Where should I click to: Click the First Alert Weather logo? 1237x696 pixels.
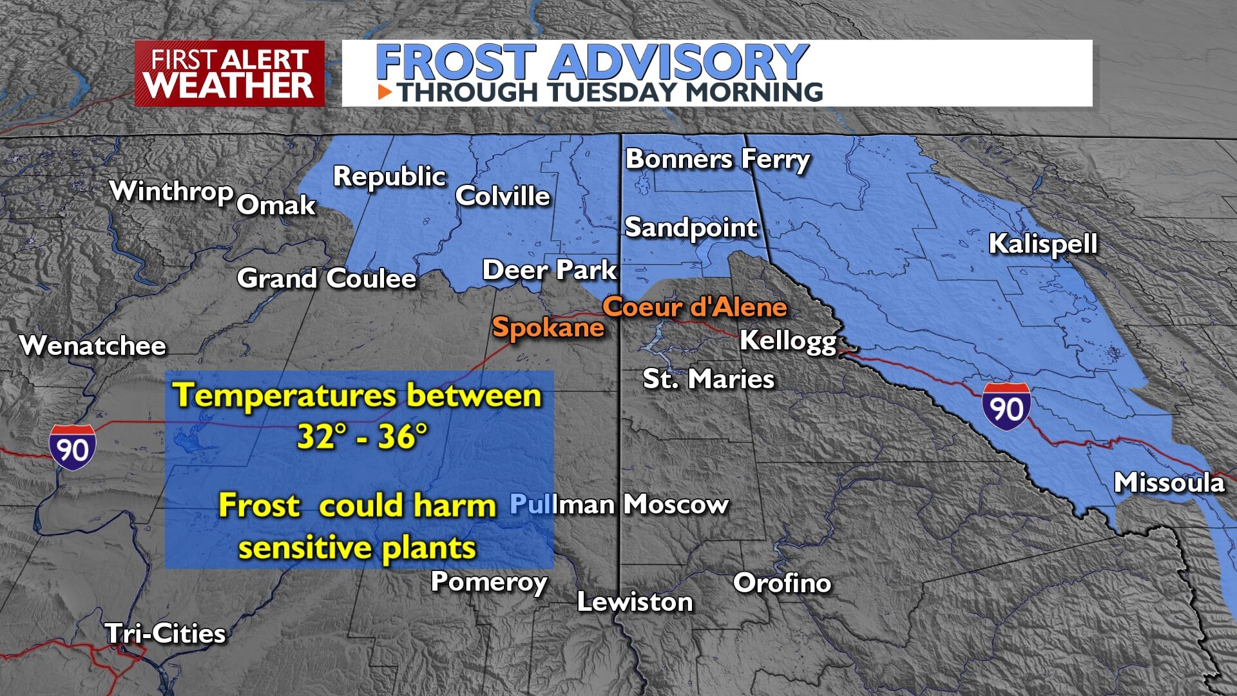tap(229, 73)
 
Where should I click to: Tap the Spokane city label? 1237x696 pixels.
tap(548, 327)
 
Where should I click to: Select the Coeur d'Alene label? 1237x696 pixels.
tap(695, 307)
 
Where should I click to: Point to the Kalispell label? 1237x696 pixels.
tap(1042, 244)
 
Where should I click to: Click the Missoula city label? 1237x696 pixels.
tap(1169, 483)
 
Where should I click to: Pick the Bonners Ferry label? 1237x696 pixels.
tap(717, 159)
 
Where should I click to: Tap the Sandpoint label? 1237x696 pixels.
tap(691, 227)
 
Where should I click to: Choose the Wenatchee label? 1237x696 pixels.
tap(93, 346)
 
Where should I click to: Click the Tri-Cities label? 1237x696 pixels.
tap(166, 633)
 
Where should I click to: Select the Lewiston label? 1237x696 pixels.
tap(635, 602)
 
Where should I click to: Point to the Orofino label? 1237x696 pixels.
tap(782, 583)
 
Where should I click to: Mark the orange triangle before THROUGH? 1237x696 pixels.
tap(385, 92)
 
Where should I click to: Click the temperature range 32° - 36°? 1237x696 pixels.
tap(362, 436)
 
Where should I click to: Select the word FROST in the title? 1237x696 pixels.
tap(455, 63)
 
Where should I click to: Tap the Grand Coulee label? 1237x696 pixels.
tap(327, 278)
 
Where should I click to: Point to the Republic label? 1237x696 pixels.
tap(389, 177)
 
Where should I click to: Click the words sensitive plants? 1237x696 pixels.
tap(357, 548)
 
